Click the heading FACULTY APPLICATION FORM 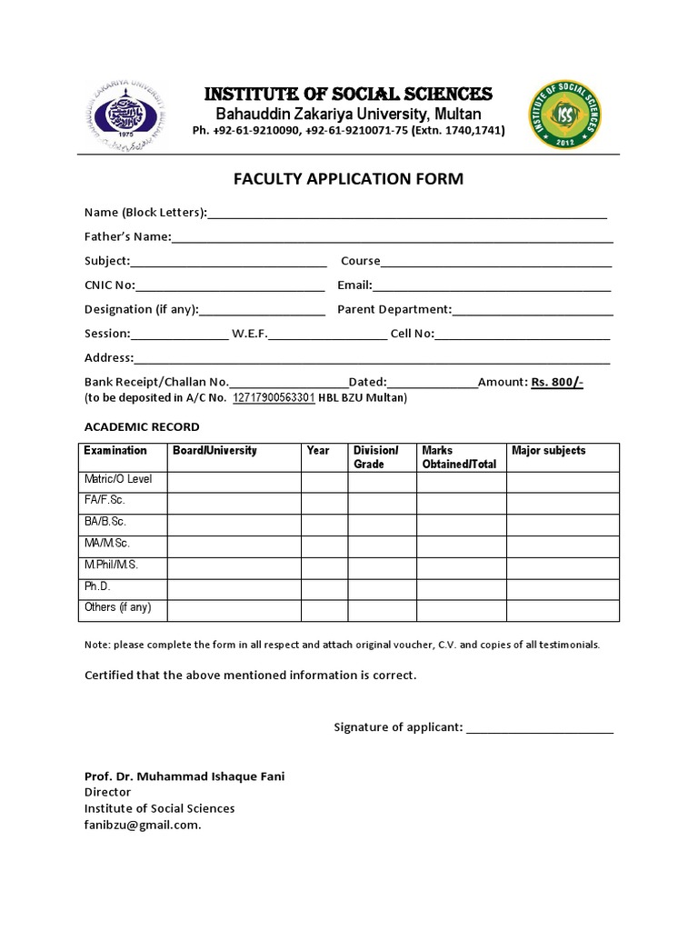tap(349, 179)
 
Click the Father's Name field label tap(127, 237)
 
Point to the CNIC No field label tap(110, 285)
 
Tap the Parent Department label tap(394, 309)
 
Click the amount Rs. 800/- tap(556, 383)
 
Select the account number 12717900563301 tap(274, 398)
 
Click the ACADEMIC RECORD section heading tap(142, 426)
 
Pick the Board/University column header tap(214, 451)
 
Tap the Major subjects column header tap(549, 451)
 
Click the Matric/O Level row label tap(119, 479)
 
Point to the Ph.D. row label tap(97, 587)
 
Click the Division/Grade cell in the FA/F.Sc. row tap(382, 502)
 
